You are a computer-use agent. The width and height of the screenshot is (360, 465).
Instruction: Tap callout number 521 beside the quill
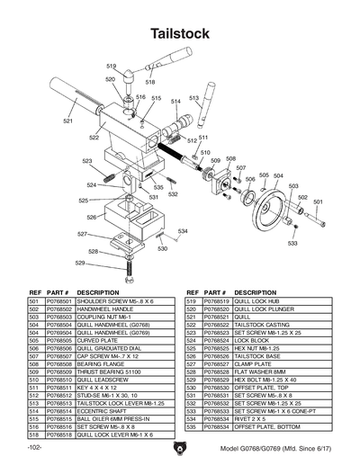pyautogui.click(x=68, y=121)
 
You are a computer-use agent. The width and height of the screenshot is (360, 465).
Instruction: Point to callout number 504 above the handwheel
pyautogui.click(x=279, y=175)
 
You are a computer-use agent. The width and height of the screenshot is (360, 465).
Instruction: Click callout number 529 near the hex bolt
pyautogui.click(x=80, y=264)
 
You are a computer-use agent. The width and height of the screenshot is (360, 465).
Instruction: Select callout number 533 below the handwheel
pyautogui.click(x=292, y=244)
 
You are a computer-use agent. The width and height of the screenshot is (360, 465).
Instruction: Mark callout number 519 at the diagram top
pyautogui.click(x=112, y=67)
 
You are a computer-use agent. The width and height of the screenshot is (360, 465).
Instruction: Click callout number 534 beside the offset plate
pyautogui.click(x=182, y=232)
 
